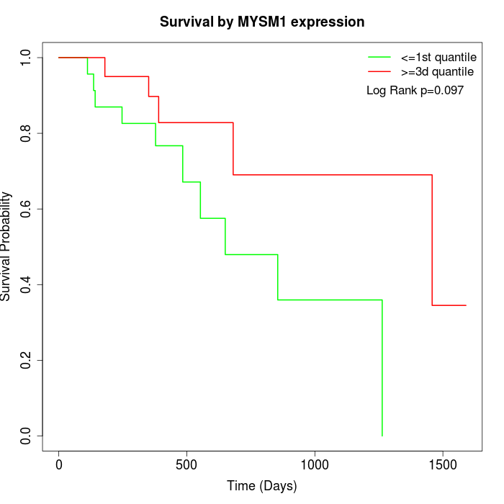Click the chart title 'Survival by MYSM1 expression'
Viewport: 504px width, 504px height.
tap(262, 22)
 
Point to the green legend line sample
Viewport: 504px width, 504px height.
tap(380, 58)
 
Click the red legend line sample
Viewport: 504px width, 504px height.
tap(380, 72)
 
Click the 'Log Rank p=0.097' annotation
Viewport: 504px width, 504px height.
tap(415, 91)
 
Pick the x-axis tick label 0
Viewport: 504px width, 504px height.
tap(59, 464)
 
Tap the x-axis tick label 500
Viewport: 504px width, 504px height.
tap(186, 464)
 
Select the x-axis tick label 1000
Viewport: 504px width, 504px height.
tap(315, 464)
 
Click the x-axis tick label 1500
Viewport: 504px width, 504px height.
tap(442, 464)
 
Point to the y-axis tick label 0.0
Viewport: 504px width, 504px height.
tap(27, 436)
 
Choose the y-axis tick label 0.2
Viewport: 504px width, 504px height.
tap(27, 360)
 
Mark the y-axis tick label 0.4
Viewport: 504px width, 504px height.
tap(27, 284)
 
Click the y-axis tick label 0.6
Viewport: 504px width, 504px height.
tap(27, 209)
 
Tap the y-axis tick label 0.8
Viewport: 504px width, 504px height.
tap(27, 133)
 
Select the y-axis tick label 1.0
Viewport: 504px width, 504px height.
tap(27, 58)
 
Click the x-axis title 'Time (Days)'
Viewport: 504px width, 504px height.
tap(262, 486)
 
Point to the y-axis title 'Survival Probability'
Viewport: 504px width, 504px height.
tap(7, 246)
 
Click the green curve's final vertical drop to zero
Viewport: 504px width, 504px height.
tap(382, 367)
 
